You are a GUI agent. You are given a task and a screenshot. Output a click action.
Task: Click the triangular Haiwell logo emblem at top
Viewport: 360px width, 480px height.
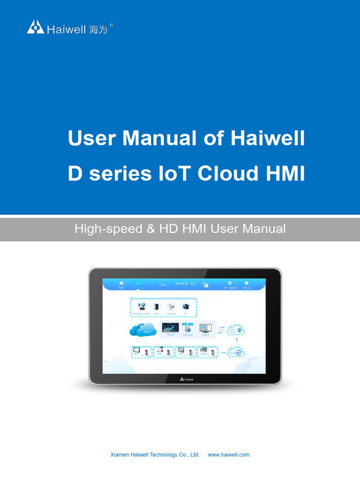click(36, 27)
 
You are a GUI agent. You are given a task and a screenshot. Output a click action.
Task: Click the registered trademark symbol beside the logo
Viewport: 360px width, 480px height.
click(111, 25)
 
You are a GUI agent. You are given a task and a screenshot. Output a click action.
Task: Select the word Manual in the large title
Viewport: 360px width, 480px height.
click(161, 138)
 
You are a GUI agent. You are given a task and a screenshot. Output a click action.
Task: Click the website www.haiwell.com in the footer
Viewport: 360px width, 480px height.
click(228, 455)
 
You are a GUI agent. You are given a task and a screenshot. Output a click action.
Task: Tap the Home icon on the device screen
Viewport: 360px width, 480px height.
click(121, 284)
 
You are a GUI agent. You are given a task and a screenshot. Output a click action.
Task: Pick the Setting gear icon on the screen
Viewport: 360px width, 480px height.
click(246, 284)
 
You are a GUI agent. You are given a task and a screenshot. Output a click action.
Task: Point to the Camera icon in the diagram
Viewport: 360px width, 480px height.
click(171, 307)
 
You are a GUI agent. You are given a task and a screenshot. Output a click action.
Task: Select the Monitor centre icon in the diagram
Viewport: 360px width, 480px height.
click(142, 307)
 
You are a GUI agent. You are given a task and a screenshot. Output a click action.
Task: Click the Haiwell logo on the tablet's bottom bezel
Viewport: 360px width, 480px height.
click(186, 379)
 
